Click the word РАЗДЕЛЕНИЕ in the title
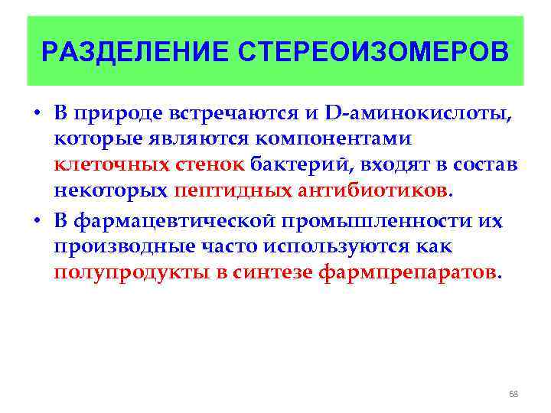(x=135, y=52)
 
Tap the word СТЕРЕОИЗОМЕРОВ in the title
(x=373, y=52)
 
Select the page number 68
(x=514, y=394)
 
